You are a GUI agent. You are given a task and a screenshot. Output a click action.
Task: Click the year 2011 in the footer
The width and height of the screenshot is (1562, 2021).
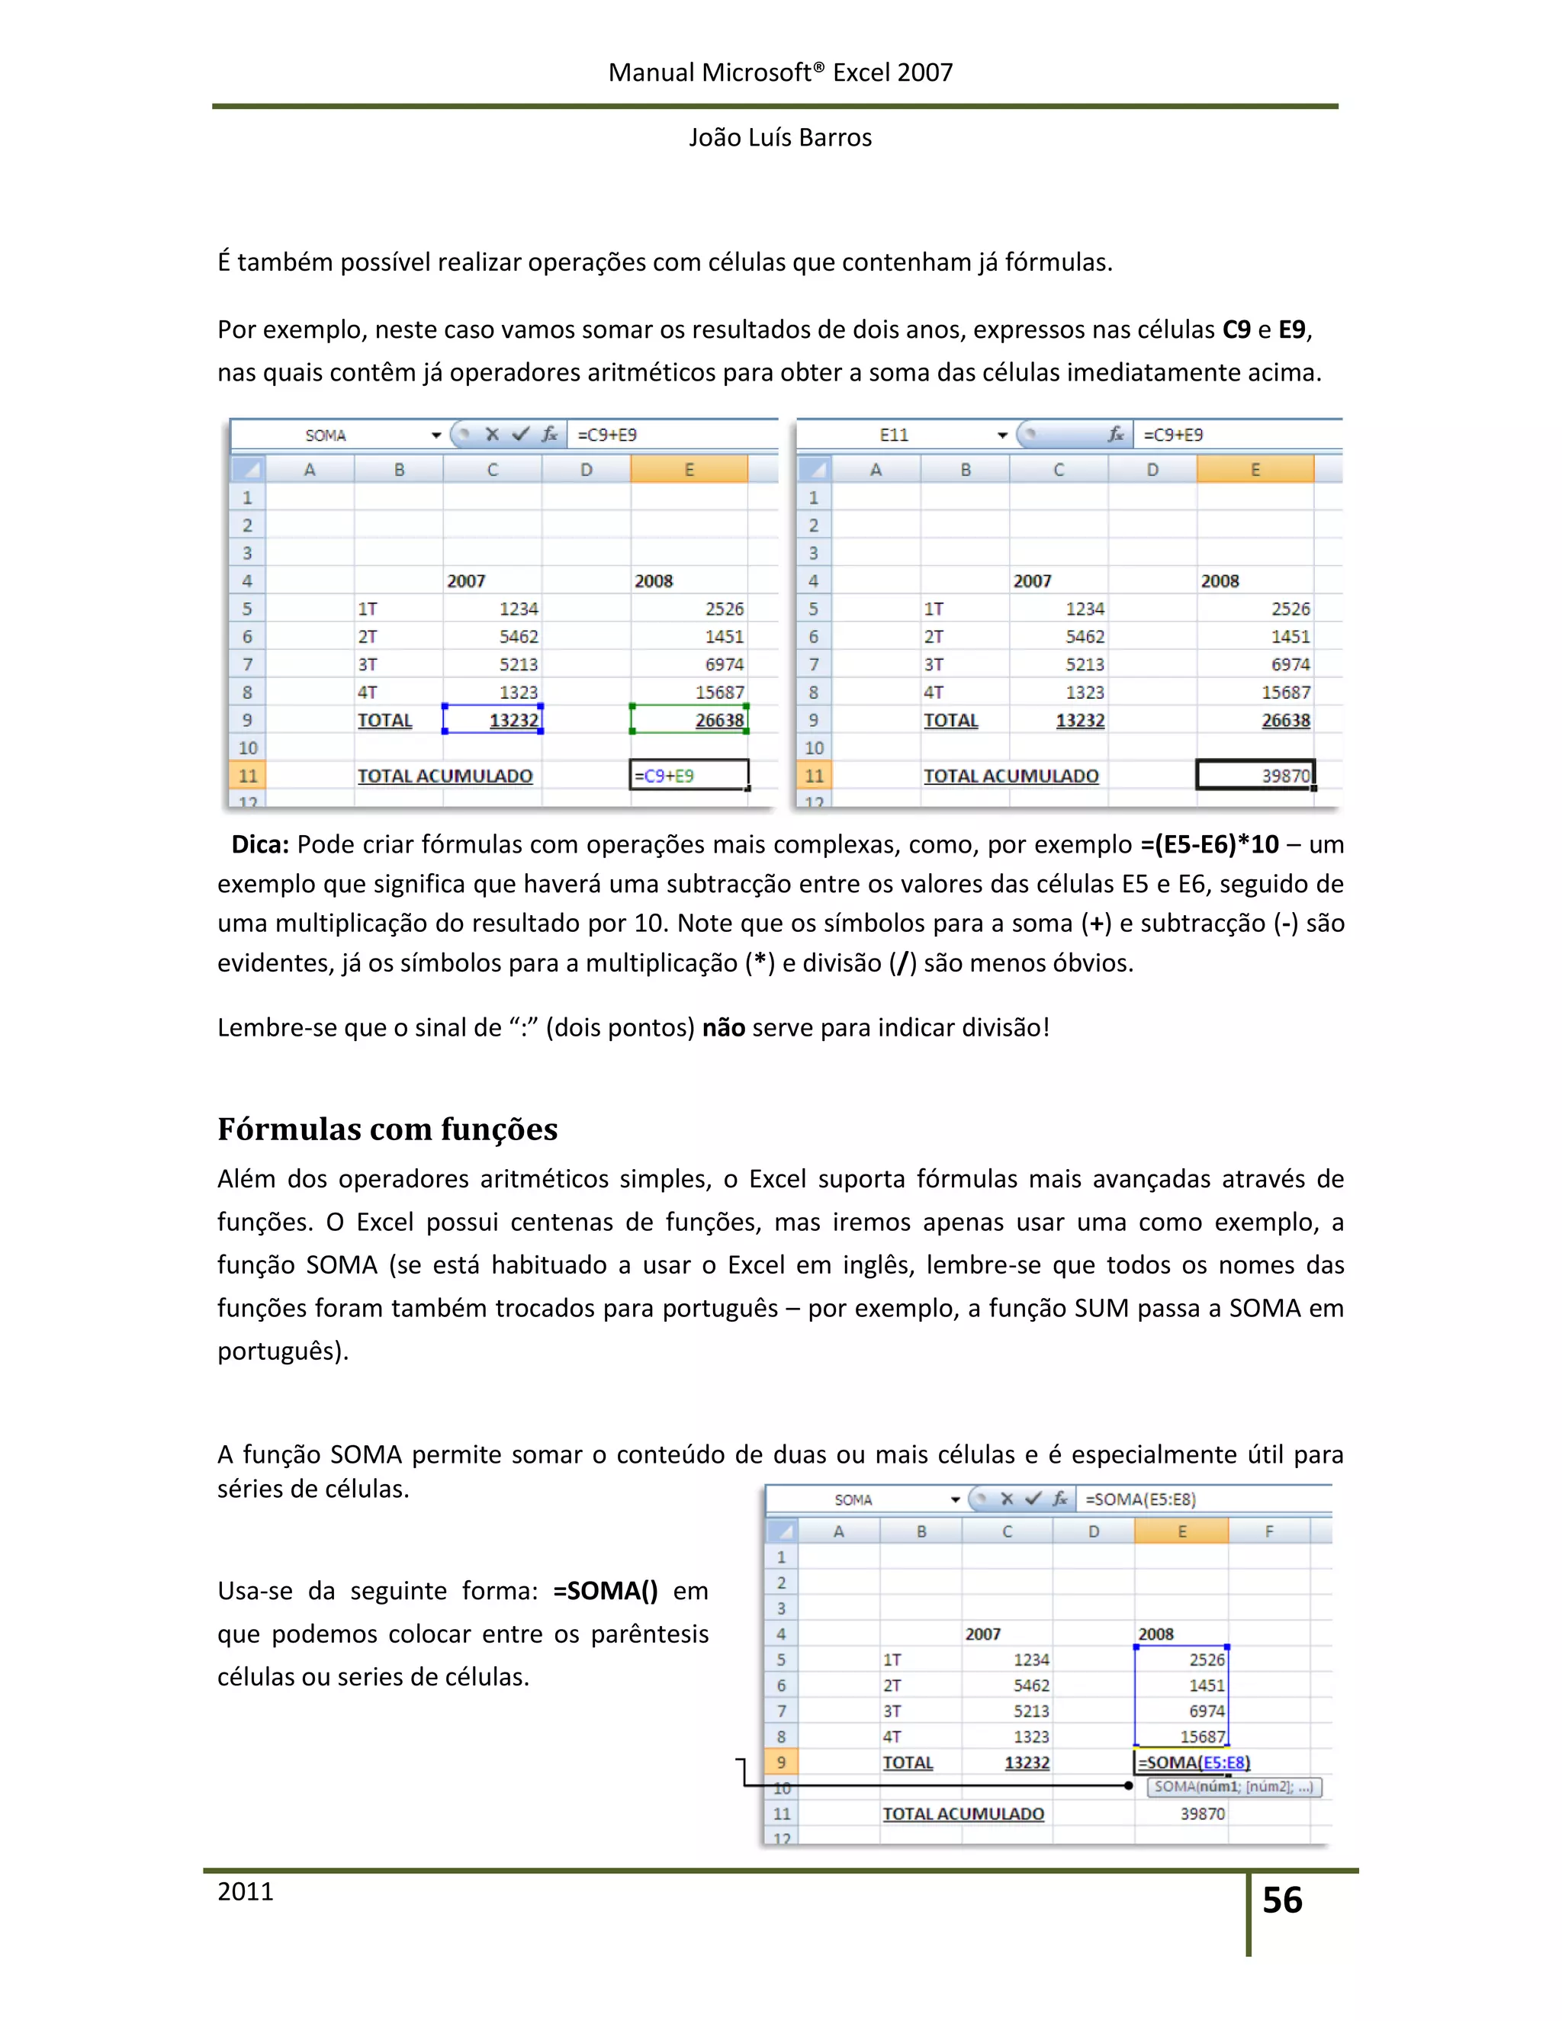(246, 1891)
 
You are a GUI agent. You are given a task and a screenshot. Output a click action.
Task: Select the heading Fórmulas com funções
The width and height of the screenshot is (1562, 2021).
(387, 1129)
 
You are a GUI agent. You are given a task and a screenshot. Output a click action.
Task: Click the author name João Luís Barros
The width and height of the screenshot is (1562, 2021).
(780, 137)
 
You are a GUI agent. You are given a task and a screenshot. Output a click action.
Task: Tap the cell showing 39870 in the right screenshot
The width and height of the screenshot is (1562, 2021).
(1255, 776)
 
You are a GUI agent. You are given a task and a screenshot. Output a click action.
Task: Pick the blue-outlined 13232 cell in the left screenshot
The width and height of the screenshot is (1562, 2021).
(492, 720)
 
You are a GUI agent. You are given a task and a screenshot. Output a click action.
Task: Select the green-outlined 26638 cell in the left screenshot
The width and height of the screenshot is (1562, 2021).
(689, 720)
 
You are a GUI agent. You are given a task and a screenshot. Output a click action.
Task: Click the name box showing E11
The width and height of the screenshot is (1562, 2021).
(894, 435)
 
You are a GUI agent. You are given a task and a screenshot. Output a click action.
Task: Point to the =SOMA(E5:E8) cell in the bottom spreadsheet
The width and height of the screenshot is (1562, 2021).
(1194, 1762)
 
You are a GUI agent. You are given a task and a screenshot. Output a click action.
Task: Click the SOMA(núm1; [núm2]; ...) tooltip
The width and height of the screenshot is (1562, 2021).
(1233, 1787)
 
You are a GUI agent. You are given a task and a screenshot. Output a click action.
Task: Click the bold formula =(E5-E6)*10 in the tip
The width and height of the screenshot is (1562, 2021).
(1210, 844)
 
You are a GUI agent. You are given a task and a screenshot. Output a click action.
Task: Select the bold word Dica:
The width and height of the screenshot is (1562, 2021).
(260, 844)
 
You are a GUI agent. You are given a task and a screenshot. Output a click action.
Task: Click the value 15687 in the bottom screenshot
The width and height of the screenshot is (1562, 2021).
(1202, 1737)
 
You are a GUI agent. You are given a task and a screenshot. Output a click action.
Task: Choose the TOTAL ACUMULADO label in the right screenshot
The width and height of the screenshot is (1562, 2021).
(1011, 776)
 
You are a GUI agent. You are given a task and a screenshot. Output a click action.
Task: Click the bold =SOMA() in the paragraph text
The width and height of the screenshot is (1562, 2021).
(605, 1591)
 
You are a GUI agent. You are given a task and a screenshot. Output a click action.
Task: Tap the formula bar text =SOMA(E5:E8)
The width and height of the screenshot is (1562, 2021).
(1140, 1499)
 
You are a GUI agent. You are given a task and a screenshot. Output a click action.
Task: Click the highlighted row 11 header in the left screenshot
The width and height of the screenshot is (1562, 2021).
(247, 776)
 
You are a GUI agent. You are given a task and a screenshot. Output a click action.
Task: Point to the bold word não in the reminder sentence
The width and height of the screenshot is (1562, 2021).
(724, 1027)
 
